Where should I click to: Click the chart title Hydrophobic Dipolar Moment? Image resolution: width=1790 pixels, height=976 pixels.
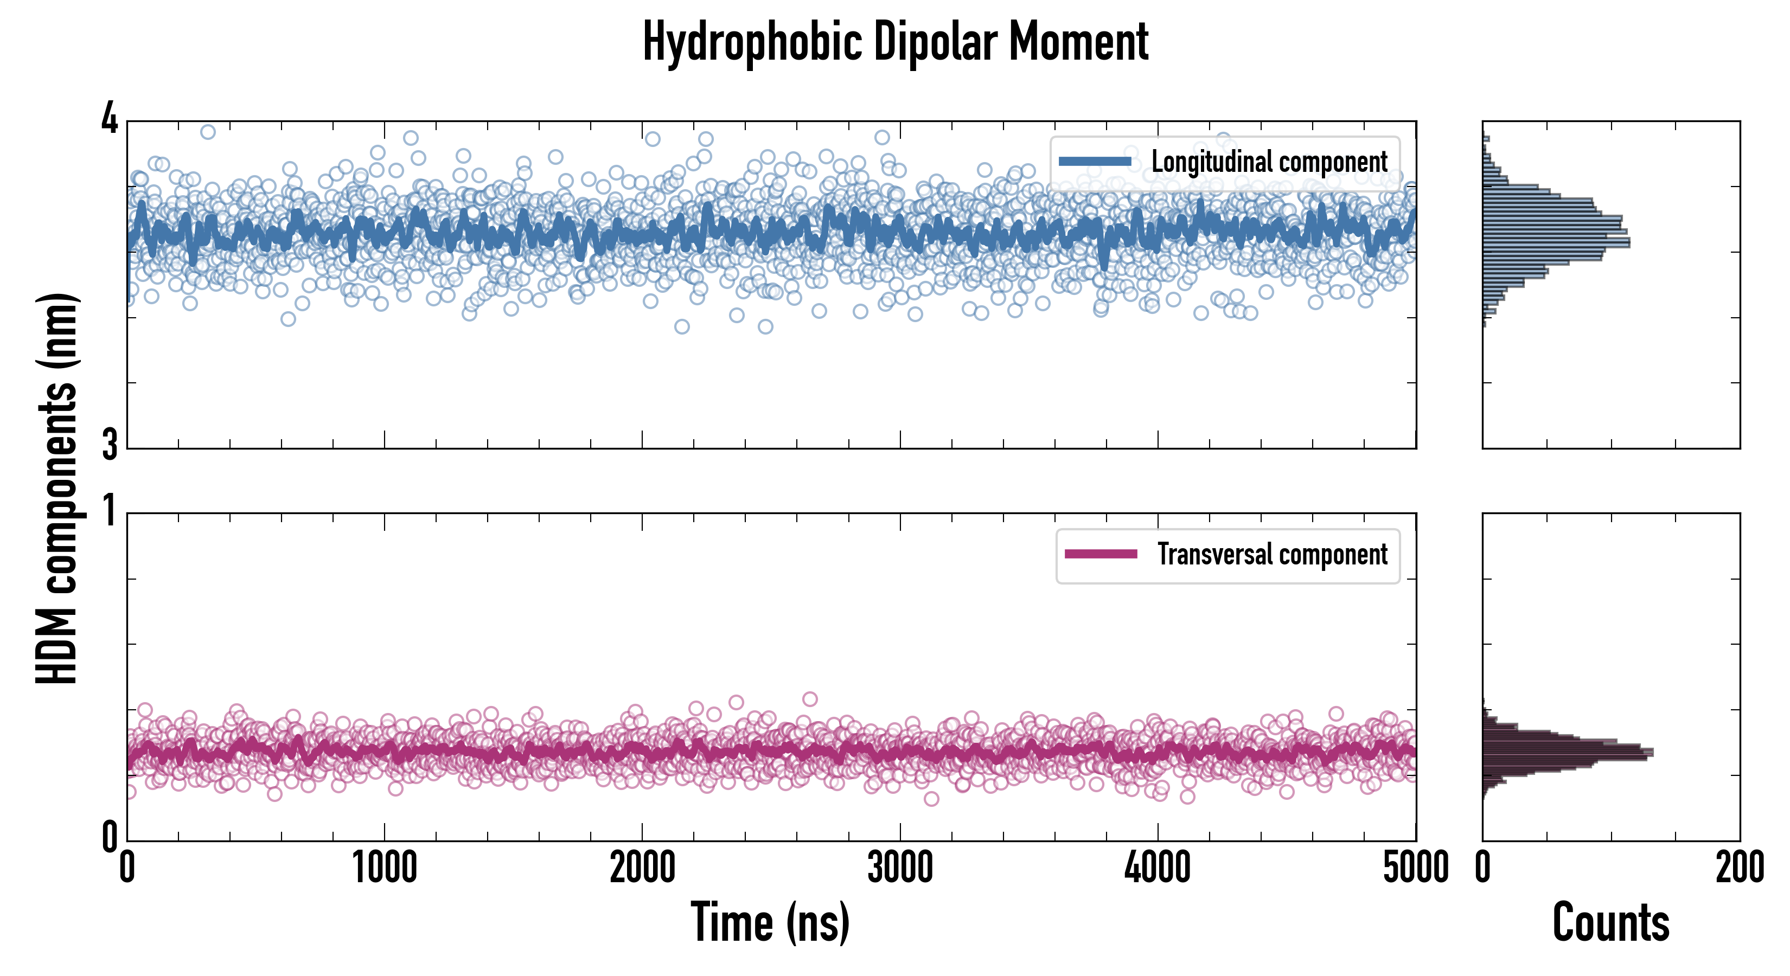[x=895, y=42]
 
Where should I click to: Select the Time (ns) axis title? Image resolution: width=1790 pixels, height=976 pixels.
[x=770, y=922]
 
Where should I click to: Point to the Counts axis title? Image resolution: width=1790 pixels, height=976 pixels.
[x=1610, y=922]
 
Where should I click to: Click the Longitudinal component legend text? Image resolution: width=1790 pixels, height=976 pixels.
[x=1269, y=162]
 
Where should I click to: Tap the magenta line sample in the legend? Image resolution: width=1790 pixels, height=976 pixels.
[x=1101, y=554]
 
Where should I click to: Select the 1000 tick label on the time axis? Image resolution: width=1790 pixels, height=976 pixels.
[x=384, y=868]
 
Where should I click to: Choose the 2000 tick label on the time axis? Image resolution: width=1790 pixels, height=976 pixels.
[x=642, y=868]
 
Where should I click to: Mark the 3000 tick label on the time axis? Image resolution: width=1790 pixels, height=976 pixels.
[x=900, y=868]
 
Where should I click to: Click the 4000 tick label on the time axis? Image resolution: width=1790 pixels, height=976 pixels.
[x=1158, y=868]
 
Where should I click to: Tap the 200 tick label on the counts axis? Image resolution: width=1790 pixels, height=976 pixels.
[x=1739, y=868]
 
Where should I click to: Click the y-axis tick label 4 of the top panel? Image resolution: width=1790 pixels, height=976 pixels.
[x=110, y=119]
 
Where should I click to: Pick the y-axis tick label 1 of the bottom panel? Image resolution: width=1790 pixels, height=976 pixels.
[x=110, y=512]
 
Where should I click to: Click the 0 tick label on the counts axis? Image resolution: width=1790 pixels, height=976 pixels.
[x=1483, y=868]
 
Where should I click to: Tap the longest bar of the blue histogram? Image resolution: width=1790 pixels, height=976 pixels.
[x=1557, y=243]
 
